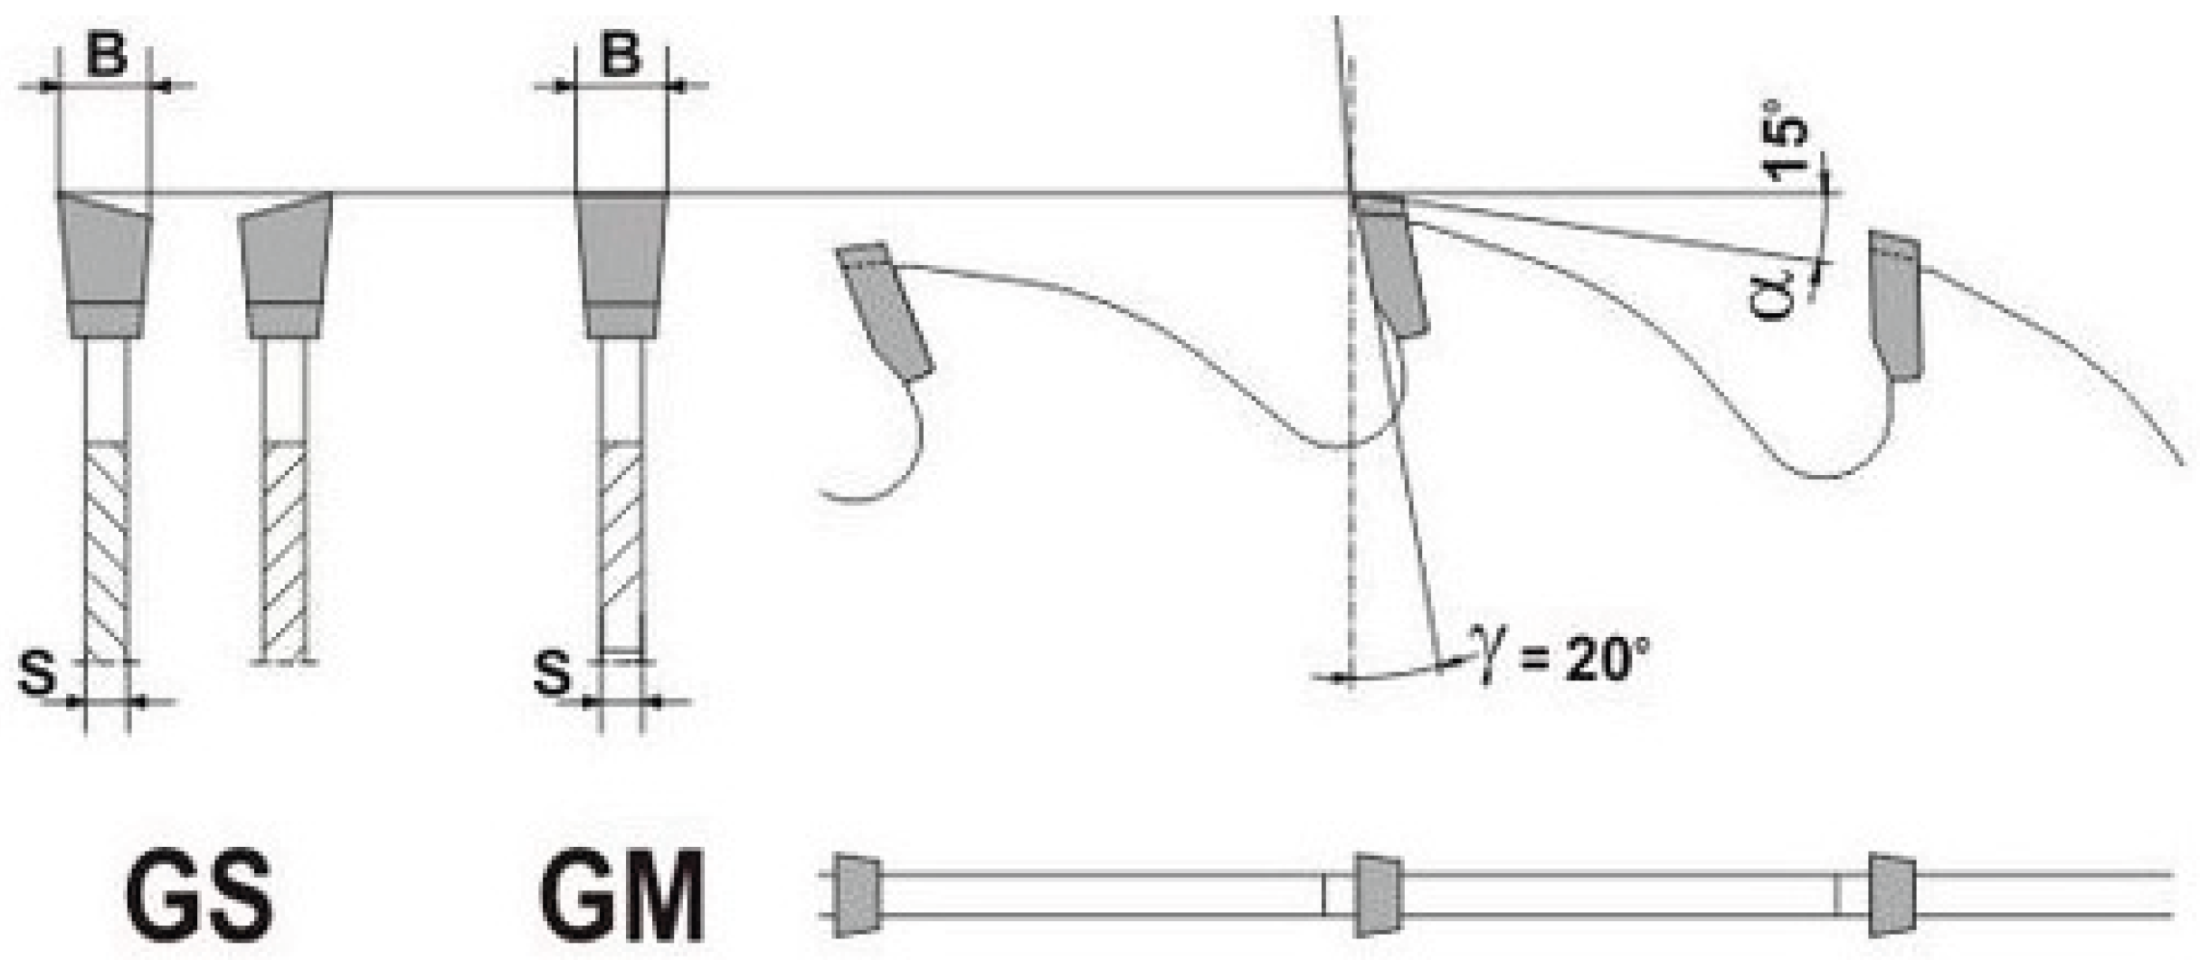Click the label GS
point(199,895)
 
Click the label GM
point(621,895)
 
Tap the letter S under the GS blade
point(36,672)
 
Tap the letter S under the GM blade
point(552,672)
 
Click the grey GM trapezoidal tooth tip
point(621,264)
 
